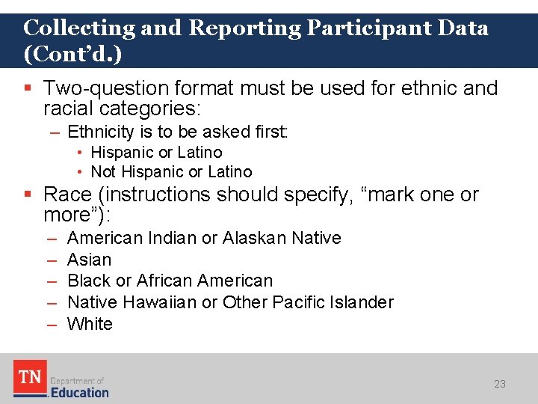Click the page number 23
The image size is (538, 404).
[499, 384]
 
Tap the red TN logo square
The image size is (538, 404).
[30, 378]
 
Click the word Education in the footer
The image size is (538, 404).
[79, 392]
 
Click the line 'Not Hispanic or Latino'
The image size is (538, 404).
[171, 172]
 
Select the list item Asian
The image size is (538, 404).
[89, 260]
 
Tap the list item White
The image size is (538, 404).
[90, 324]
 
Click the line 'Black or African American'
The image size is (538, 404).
[170, 281]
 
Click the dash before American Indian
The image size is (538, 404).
[52, 238]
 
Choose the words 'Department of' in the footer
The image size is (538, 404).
[77, 381]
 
